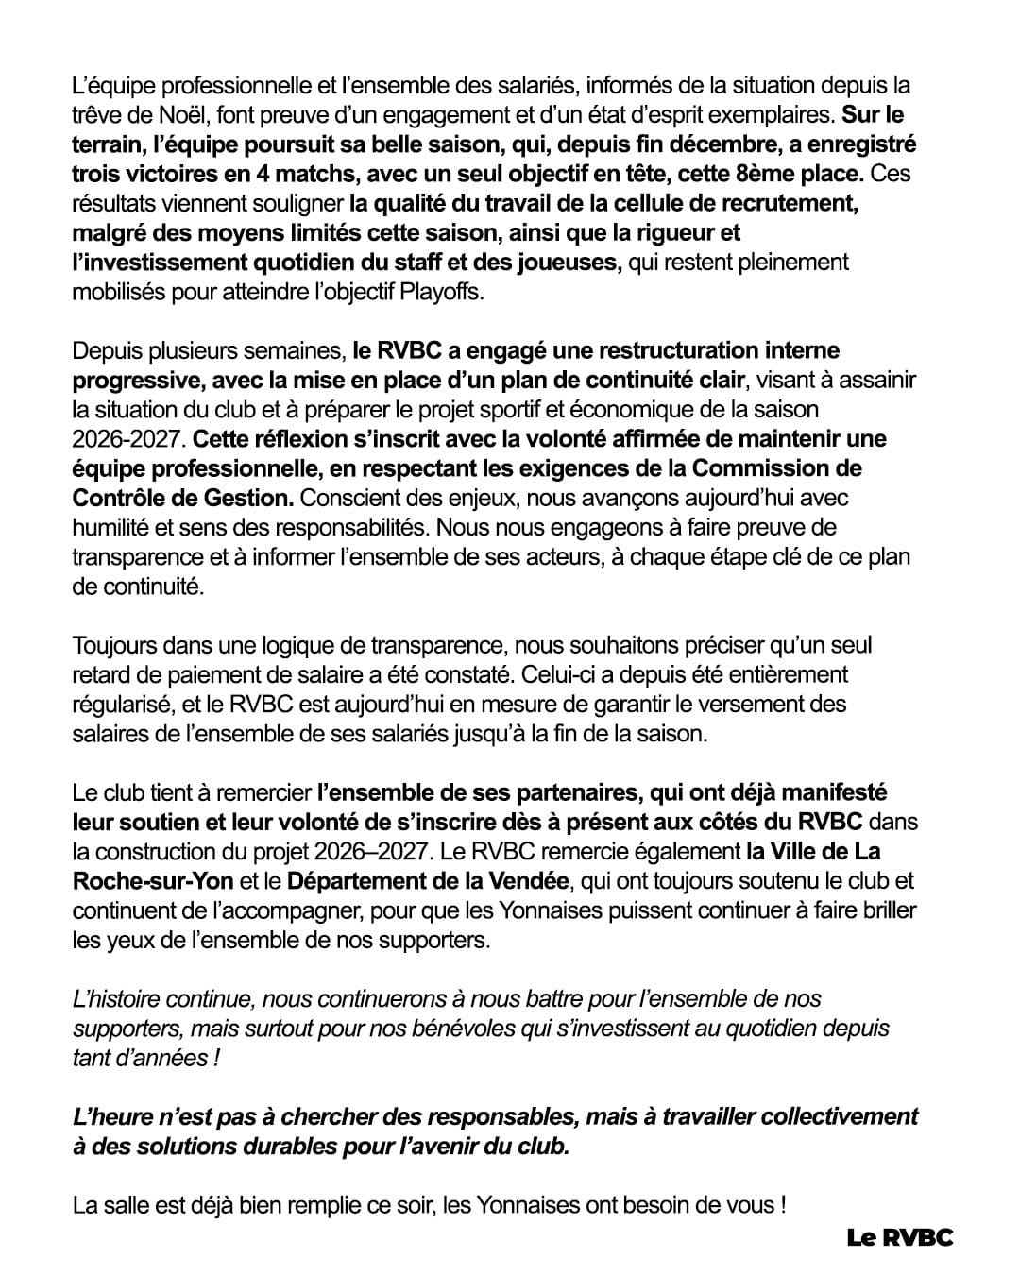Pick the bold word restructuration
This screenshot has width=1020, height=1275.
[677, 350]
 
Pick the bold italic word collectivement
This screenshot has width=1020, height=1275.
[839, 1116]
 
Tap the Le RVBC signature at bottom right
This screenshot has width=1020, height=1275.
[899, 1236]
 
